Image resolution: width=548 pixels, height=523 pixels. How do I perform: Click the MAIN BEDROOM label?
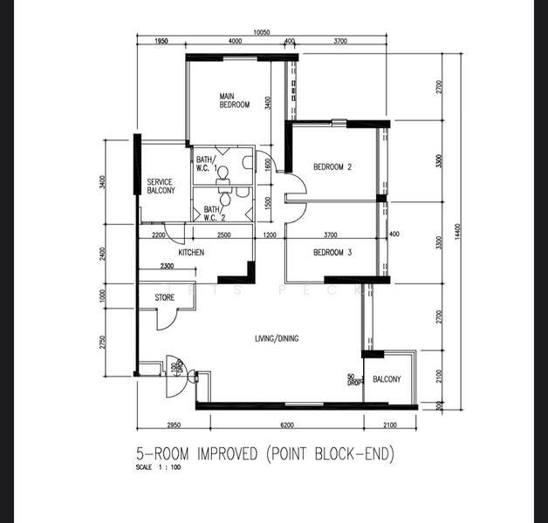point(234,100)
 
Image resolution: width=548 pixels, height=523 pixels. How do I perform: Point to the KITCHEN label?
point(191,253)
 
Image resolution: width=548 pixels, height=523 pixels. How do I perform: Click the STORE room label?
point(165,298)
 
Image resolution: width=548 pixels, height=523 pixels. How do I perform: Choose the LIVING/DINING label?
point(276,338)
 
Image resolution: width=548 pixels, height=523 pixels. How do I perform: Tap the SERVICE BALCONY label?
point(161,187)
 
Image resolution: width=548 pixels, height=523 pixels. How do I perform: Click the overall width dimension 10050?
point(262,32)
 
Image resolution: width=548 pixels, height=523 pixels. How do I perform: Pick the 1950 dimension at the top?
point(161,42)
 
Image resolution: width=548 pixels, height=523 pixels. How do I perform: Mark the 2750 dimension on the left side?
point(102,341)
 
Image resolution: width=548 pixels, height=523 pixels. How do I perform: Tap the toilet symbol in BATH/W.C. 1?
point(221,173)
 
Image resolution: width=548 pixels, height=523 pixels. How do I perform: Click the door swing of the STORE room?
point(162,320)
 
